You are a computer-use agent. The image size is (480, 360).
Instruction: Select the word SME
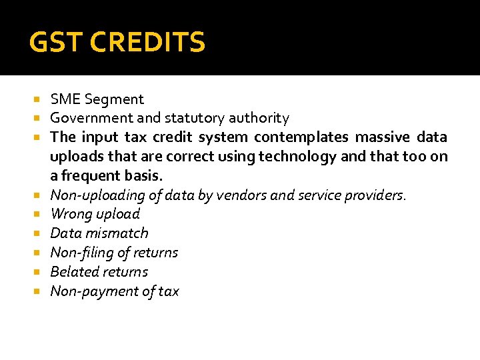click(65, 99)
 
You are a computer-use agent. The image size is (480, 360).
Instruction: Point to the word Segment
click(114, 99)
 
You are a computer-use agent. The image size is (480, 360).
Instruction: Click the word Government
click(89, 119)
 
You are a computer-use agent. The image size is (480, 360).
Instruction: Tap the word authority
click(259, 119)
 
